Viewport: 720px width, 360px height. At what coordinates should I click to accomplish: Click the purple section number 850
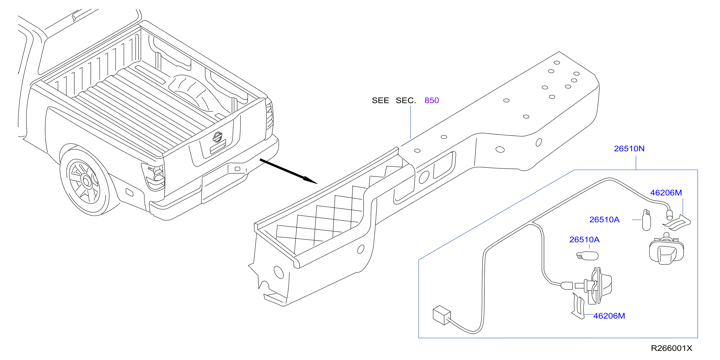tap(432, 100)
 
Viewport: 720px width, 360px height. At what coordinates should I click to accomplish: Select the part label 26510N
tap(629, 148)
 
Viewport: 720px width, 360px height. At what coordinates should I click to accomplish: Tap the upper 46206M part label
tap(666, 193)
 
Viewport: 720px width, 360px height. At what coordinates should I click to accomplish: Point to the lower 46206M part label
tap(609, 316)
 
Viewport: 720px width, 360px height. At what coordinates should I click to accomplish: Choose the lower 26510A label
tap(584, 239)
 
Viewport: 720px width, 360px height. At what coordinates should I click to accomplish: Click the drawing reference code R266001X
tap(671, 348)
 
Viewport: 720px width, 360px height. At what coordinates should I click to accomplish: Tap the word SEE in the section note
tap(380, 100)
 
